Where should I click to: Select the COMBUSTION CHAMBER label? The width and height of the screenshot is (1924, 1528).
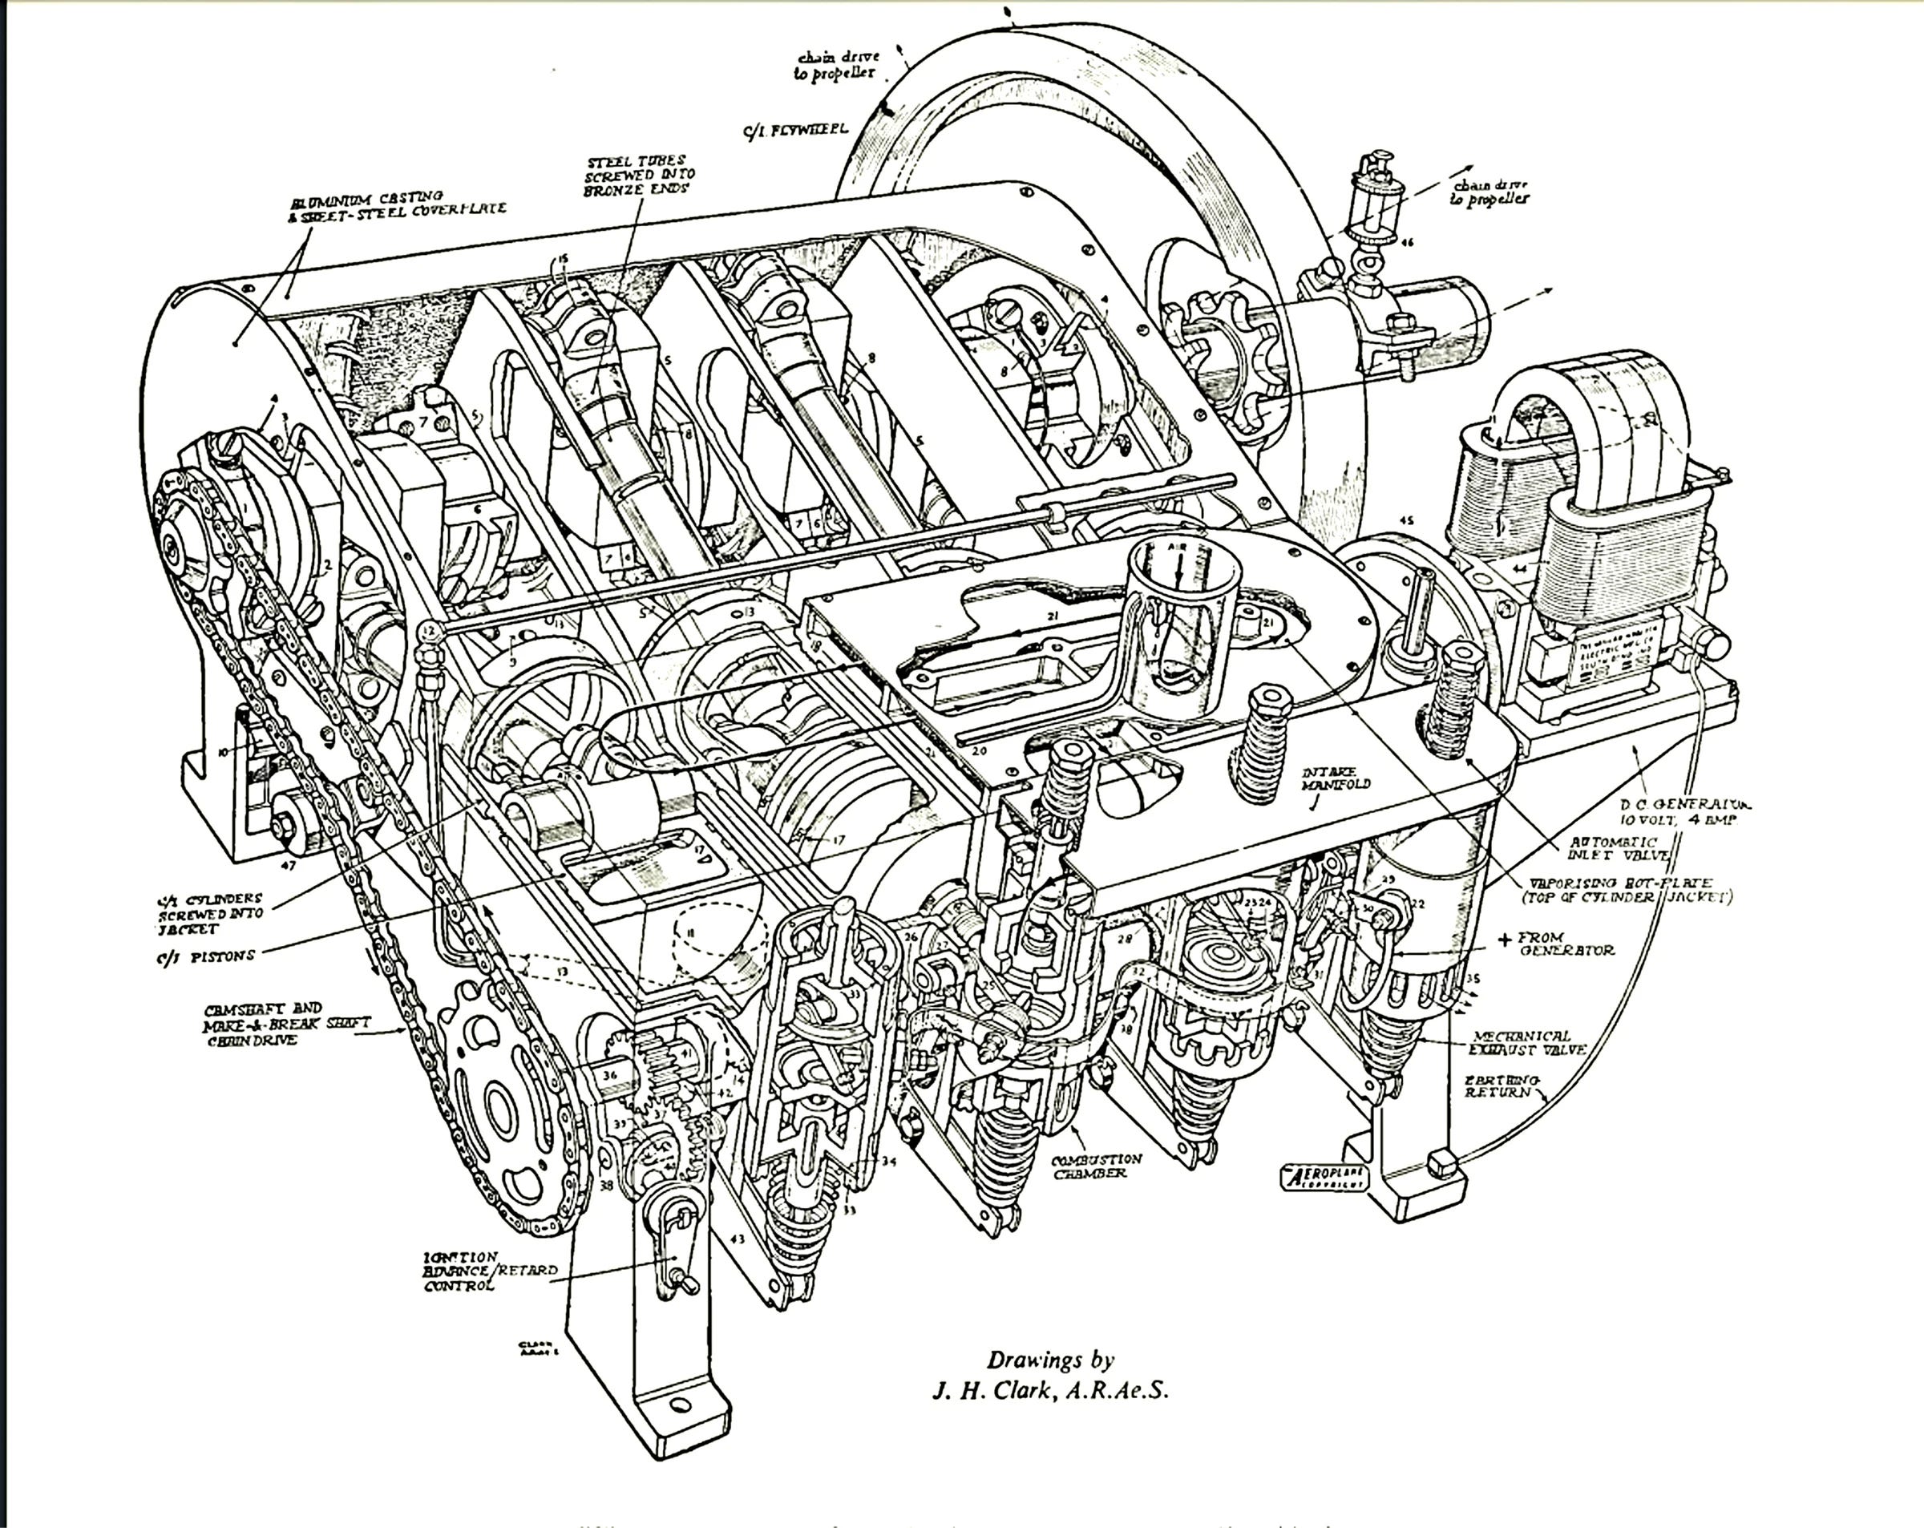(1096, 1166)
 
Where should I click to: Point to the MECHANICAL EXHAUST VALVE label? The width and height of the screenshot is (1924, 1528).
(1527, 1042)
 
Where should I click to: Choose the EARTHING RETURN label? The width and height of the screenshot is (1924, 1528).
(1501, 1086)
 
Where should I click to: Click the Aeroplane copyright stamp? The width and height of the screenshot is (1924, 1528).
(1324, 1177)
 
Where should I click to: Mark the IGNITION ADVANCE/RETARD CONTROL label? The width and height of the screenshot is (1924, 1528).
(490, 1271)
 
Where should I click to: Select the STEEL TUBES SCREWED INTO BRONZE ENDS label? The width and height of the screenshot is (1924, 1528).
(638, 176)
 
